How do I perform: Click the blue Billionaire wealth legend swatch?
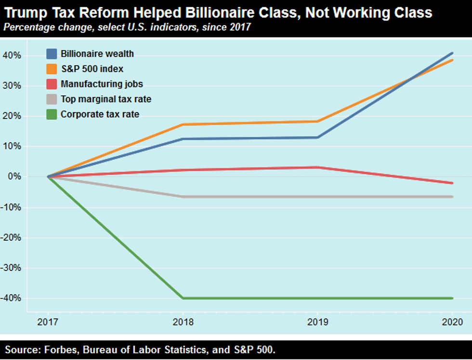click(52, 53)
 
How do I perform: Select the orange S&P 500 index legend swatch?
click(52, 69)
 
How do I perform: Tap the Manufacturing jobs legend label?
click(102, 84)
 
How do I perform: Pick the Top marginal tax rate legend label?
click(106, 100)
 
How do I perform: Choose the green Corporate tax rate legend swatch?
click(52, 115)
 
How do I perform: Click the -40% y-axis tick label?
click(12, 298)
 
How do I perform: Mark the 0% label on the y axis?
click(15, 177)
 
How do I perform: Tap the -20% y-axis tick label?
click(12, 238)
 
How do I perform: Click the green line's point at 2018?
click(183, 298)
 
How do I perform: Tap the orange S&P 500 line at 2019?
click(318, 121)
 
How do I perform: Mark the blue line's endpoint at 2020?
click(453, 53)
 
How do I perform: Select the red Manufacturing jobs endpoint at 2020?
click(453, 183)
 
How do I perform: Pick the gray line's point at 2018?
click(183, 197)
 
